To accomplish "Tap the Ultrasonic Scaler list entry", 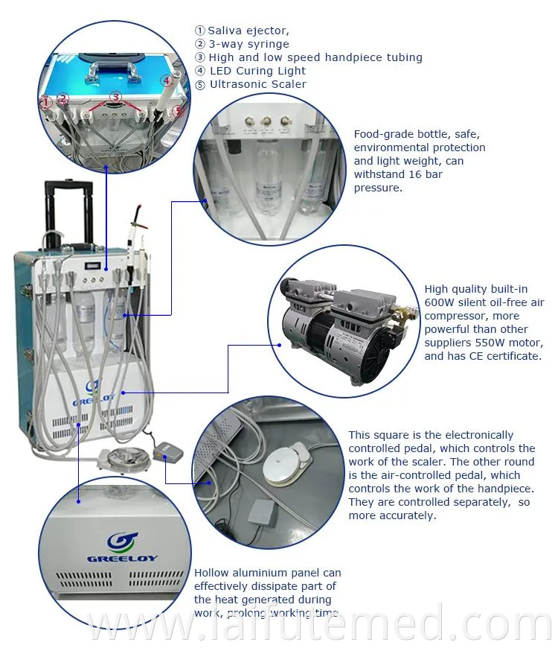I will coord(257,84).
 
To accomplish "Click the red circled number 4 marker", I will coord(167,80).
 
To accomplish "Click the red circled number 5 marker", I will coord(176,111).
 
